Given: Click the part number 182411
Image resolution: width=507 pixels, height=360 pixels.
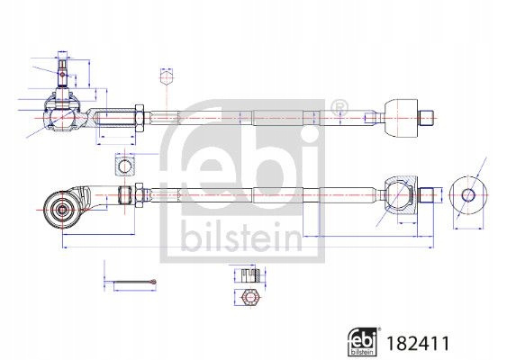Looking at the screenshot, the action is (418, 343).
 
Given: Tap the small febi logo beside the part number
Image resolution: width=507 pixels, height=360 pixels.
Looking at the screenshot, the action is (363, 342).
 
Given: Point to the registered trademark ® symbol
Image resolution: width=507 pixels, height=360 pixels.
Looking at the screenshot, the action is (340, 106).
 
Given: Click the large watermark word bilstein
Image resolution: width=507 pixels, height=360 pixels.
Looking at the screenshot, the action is (240, 236).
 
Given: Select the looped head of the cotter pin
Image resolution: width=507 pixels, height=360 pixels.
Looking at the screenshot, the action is (154, 282).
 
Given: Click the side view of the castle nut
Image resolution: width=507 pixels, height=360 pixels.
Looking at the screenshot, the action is (250, 275).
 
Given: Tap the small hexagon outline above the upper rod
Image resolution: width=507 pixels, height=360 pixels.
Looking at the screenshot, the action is (167, 78).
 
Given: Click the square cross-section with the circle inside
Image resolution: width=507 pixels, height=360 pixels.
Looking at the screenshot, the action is (124, 165).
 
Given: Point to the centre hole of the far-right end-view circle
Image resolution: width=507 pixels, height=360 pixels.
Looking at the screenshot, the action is (468, 195).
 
